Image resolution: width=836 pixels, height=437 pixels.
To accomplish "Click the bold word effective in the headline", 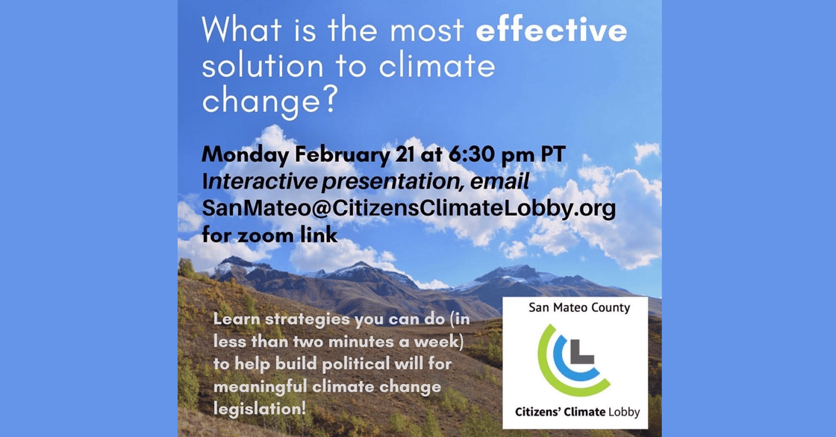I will pyautogui.click(x=552, y=31).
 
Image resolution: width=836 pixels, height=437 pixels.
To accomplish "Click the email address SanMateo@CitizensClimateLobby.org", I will pyautogui.click(x=408, y=209).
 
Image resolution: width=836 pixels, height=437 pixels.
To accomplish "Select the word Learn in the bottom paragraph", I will pyautogui.click(x=234, y=319).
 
